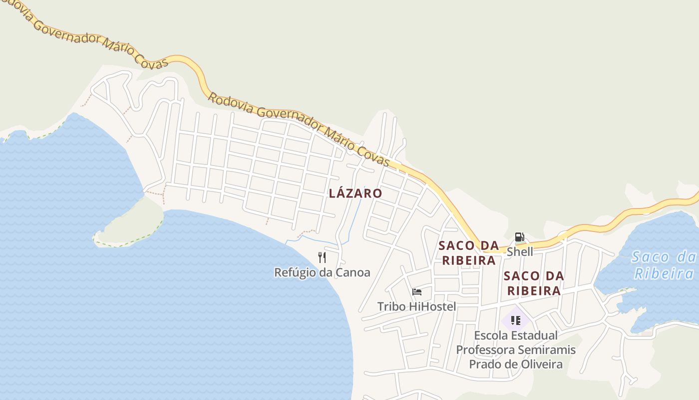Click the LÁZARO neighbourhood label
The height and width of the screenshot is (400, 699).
point(355,193)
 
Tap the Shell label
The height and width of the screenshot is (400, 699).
point(520,251)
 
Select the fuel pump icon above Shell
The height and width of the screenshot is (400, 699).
point(519,237)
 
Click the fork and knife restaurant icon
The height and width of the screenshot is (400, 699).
point(322,257)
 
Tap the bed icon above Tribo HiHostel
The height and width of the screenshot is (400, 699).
point(417,292)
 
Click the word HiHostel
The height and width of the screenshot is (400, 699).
point(432,306)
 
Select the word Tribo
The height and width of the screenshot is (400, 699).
point(391,306)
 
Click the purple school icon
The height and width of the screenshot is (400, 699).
point(516,320)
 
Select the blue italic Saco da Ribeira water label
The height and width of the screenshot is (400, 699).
point(664,265)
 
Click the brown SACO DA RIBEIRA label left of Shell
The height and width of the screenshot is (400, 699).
point(468,253)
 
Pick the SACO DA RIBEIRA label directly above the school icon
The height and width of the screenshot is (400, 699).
point(534,283)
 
